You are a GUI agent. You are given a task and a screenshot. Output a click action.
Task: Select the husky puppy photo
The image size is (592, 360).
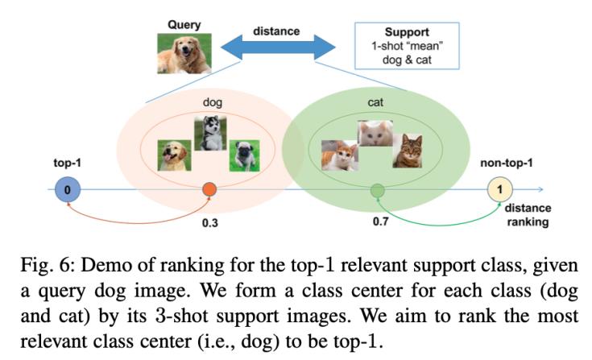click(x=210, y=134)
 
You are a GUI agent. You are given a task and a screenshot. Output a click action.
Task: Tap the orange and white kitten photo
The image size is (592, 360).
click(x=339, y=155)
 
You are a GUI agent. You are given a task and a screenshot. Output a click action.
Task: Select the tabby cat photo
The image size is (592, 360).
click(x=407, y=151)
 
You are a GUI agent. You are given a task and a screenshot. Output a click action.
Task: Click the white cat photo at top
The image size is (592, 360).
click(x=375, y=134)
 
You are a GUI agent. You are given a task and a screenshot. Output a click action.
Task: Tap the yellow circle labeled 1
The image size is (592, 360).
click(x=500, y=191)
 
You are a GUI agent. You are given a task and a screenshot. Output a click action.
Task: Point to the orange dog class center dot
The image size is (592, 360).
click(x=210, y=191)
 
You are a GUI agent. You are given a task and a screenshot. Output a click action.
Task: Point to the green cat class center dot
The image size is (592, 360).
click(x=376, y=191)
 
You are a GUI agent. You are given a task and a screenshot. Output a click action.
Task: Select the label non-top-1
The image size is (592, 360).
click(x=503, y=162)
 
